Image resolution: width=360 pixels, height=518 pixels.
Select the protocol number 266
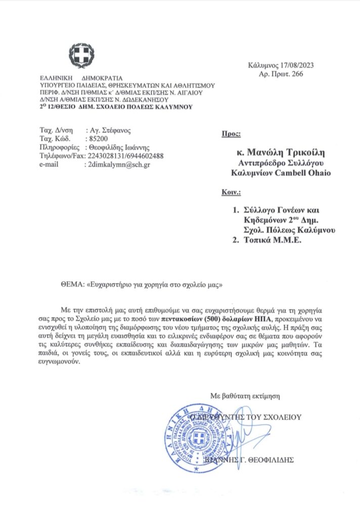click(x=297, y=74)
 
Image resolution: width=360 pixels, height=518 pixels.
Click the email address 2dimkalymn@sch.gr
click(x=118, y=165)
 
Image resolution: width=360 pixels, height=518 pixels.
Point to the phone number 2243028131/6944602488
click(x=126, y=156)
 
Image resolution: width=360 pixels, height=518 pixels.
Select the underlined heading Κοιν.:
click(x=232, y=193)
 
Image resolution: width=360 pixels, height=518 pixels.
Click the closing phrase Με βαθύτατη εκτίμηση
click(x=245, y=396)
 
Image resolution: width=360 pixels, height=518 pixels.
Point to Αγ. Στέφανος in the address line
click(x=109, y=129)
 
